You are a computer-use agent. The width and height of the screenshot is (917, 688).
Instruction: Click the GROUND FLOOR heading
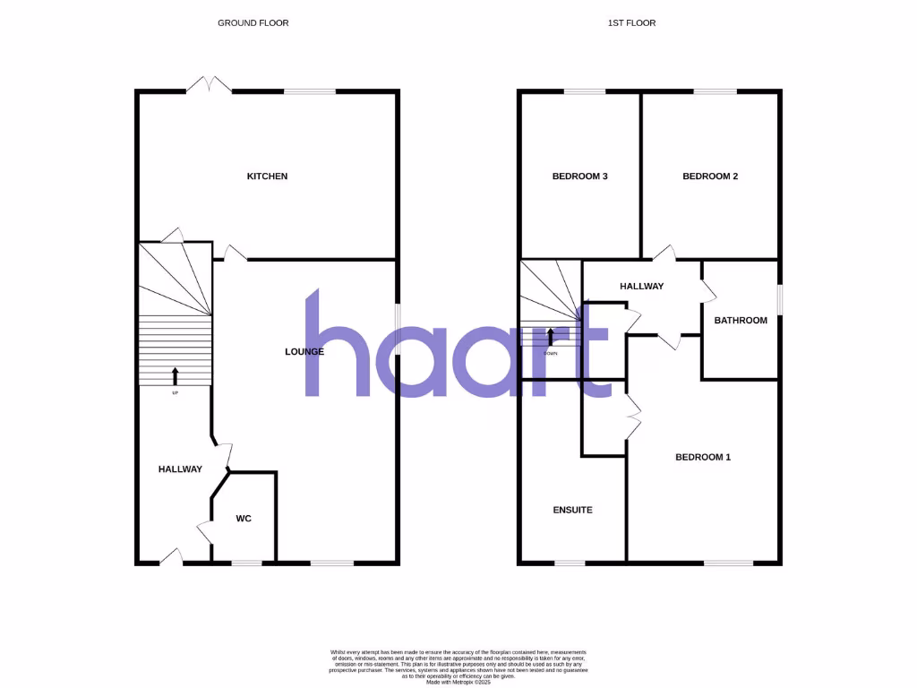point(253,22)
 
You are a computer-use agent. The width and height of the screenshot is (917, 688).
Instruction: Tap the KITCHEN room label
point(267,176)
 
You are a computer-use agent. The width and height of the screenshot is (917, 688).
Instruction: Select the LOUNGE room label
point(304,352)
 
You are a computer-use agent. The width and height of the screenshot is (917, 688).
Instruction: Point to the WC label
point(244,519)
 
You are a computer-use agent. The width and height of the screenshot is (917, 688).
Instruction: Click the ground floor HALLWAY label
point(180,469)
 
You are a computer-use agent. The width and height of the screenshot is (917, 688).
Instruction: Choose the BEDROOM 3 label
point(579,176)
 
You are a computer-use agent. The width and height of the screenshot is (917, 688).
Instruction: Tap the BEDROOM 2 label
point(710,176)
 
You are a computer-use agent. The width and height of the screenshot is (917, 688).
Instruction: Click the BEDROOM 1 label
point(703,457)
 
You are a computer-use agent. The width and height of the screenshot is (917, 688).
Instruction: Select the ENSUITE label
point(572,510)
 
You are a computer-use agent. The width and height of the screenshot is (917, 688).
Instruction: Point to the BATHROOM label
point(741,321)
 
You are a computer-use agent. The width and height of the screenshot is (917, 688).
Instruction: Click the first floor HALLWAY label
point(642,287)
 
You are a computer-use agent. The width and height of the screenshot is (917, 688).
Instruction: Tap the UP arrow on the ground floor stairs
point(175,375)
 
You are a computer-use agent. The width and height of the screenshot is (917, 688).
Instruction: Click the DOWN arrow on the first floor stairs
point(551,336)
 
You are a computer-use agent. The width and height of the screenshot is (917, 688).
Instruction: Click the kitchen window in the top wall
point(310,90)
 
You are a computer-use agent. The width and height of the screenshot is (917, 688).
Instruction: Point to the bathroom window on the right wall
point(780,299)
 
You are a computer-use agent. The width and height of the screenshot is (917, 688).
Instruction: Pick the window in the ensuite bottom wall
point(569,563)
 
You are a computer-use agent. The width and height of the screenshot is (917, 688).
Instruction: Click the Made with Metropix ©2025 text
point(458,682)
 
